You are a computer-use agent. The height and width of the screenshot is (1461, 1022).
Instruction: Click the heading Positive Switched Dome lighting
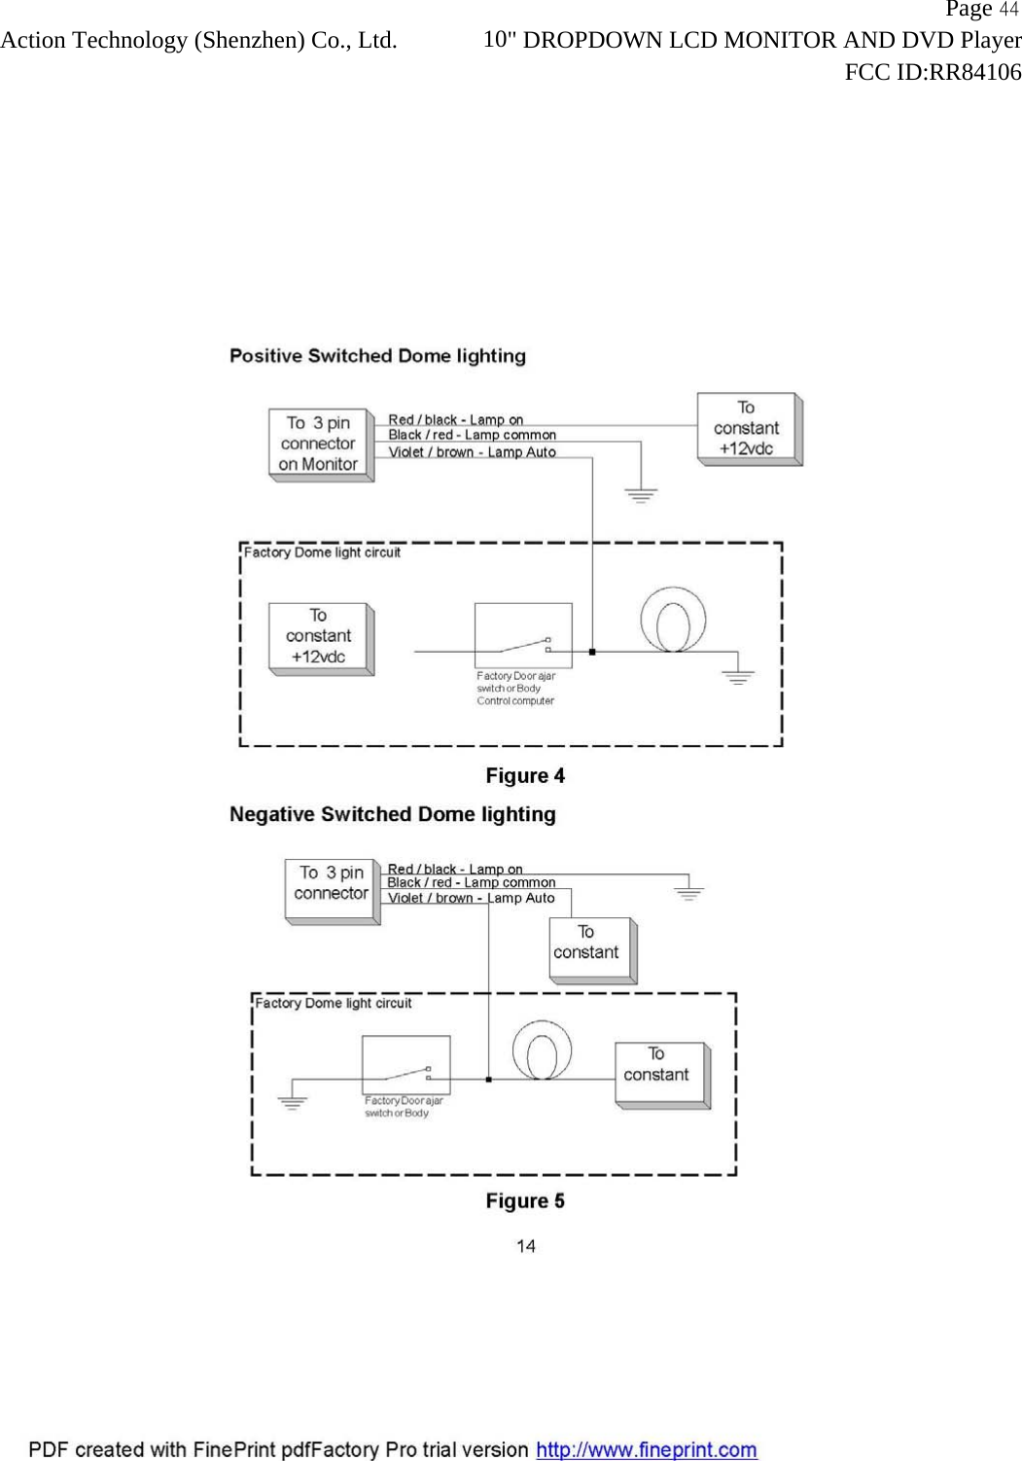coord(377,356)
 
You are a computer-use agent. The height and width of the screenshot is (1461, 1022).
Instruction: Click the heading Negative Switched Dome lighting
coord(392,814)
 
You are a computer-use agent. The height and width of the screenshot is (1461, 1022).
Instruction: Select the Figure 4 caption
coord(525,775)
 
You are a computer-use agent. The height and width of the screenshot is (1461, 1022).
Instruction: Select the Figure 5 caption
coord(525,1200)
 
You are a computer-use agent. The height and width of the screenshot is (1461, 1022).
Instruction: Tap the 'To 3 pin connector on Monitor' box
coord(319,444)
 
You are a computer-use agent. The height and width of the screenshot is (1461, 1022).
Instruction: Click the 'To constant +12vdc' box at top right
coord(747,428)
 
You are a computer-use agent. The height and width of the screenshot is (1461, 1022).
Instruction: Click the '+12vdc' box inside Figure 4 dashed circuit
coord(319,636)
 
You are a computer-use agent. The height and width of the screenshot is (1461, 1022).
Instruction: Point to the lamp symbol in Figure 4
coord(673,620)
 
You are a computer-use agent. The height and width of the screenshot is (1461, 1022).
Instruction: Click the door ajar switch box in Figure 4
coord(522,635)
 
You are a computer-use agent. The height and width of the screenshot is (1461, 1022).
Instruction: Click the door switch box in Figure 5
coord(405,1065)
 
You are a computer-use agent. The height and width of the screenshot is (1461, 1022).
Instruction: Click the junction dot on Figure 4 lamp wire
coord(592,651)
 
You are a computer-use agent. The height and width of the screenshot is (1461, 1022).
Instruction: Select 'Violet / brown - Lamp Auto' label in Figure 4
coord(472,452)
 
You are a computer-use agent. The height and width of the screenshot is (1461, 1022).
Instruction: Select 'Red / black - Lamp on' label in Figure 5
coord(454,869)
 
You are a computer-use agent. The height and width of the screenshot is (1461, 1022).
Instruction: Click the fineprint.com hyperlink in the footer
coord(647,1449)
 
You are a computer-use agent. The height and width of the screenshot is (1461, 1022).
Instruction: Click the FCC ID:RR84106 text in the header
coord(932,73)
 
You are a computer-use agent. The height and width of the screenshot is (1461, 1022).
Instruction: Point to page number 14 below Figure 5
coord(525,1246)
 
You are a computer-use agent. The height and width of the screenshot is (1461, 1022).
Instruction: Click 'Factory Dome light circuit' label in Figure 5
coord(334,1003)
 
